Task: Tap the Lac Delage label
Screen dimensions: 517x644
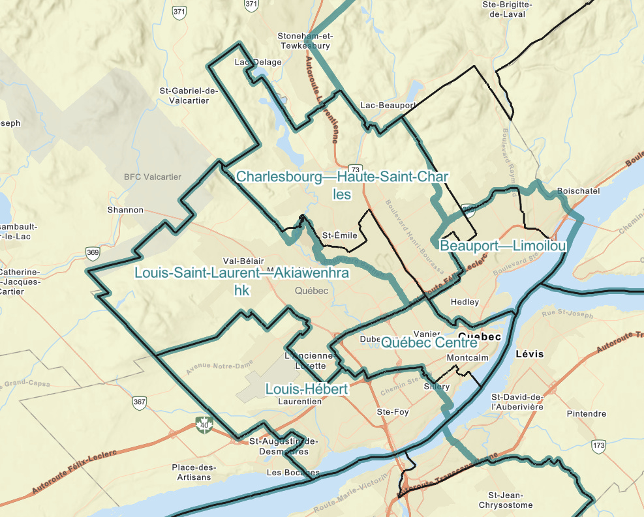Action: coord(258,63)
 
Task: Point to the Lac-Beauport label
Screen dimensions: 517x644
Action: coord(388,105)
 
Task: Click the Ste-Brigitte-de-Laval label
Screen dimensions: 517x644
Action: coord(508,8)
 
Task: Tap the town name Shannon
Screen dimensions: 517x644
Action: coord(125,210)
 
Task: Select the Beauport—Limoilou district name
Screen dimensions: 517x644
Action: coord(502,246)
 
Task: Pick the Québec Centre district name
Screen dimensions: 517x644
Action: coord(429,342)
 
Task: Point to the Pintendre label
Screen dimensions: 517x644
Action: coord(586,414)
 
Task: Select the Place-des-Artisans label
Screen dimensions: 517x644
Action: coord(194,472)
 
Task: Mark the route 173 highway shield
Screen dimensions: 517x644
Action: coord(599,446)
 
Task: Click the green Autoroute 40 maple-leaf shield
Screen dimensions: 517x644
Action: coord(205,426)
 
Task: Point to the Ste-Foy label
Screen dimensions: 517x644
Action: coord(393,412)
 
